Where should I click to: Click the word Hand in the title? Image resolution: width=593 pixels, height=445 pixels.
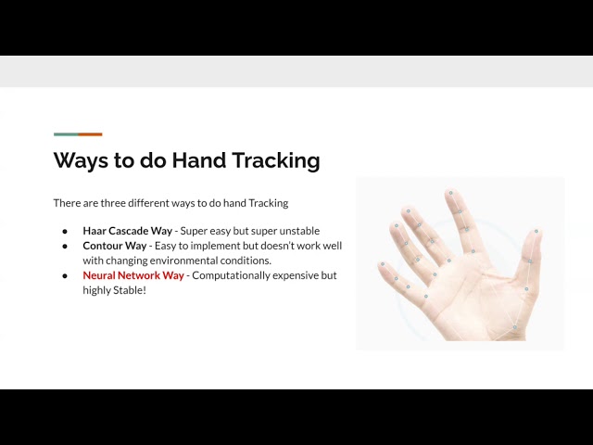[x=199, y=160]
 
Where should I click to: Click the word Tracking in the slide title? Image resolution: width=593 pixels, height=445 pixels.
[x=276, y=160]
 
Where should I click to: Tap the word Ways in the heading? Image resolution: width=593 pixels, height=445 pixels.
[x=81, y=160]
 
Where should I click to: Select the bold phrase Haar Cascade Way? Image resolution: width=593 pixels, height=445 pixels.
[x=128, y=231]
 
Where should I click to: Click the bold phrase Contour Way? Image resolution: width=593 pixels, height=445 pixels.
[x=115, y=246]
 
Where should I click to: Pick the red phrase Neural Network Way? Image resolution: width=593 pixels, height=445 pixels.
[x=133, y=275]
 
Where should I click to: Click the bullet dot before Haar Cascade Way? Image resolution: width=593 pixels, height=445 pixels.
[x=65, y=231]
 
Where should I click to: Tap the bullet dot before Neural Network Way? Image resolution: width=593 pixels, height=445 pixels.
[x=65, y=276]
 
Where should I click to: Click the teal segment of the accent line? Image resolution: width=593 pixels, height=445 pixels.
[x=66, y=134]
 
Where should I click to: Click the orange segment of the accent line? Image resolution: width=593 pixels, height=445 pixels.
[x=91, y=134]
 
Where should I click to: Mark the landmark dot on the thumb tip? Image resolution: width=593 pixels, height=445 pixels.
[x=536, y=231]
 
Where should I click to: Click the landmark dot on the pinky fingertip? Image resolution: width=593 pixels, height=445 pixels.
[x=383, y=264]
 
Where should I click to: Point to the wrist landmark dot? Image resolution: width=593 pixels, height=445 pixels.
[x=514, y=327]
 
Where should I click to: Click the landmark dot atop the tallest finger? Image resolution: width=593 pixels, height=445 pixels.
[x=451, y=193]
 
